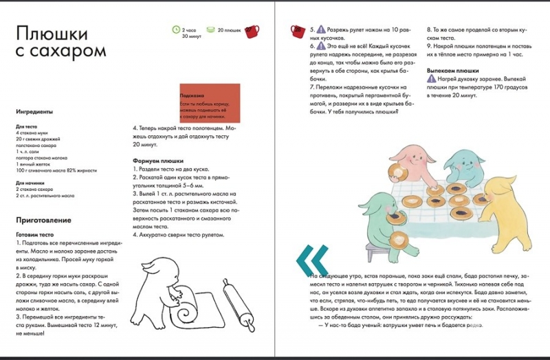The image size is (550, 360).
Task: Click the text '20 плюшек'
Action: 230,31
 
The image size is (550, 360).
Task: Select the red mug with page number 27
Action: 252,31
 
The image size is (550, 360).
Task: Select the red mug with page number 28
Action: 298,30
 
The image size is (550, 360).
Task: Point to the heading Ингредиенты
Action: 34,111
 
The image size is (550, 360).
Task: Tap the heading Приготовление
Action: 43,220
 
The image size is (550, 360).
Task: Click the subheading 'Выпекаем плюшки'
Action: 453,71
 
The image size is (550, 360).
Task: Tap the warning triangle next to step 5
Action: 322,31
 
